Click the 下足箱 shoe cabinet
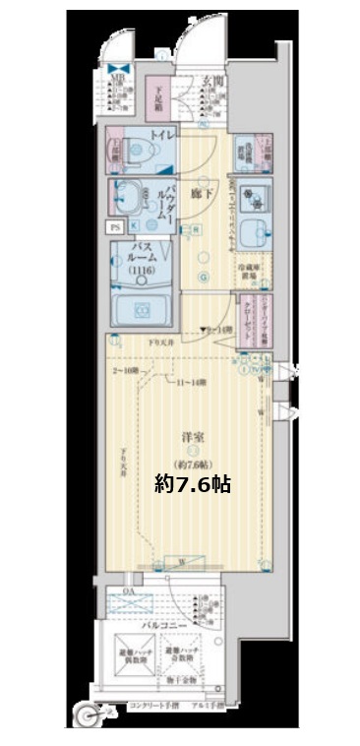pos(161,96)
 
